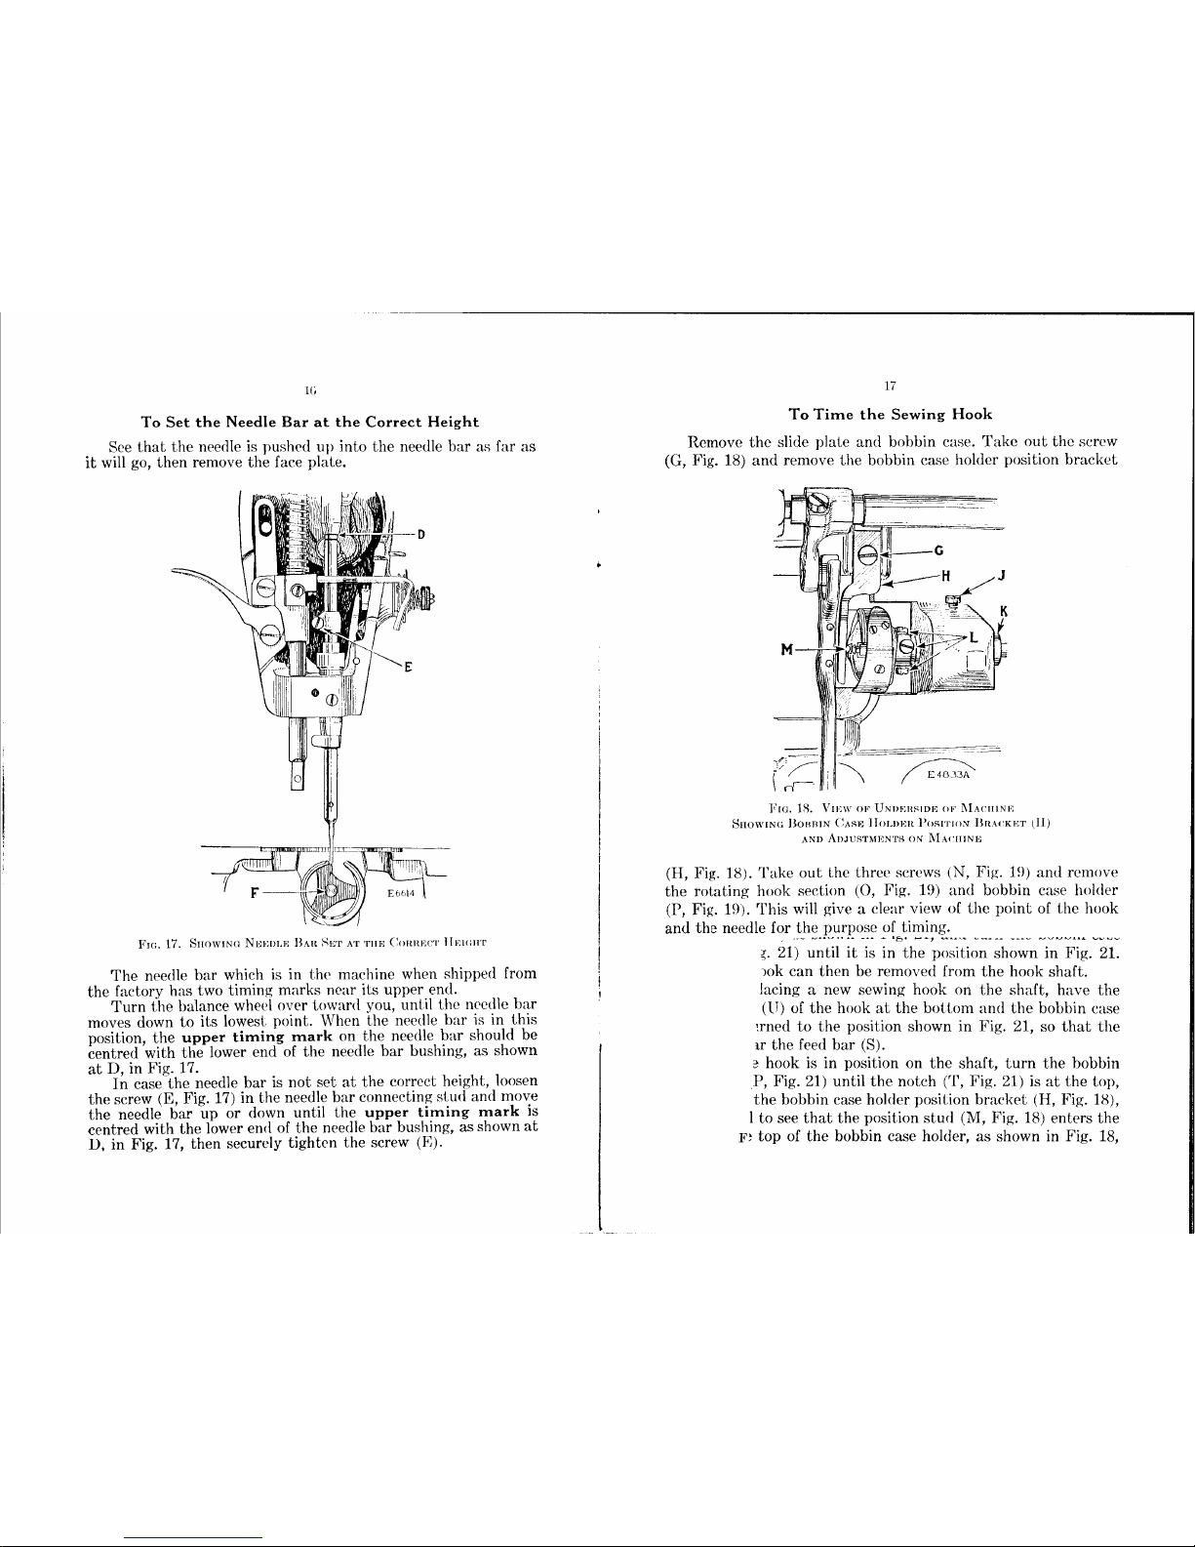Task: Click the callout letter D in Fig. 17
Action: coord(421,534)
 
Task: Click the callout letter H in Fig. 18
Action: coord(944,575)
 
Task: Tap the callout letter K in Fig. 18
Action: coord(1004,612)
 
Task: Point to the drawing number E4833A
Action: coord(945,775)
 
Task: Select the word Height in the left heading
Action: coord(445,422)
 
